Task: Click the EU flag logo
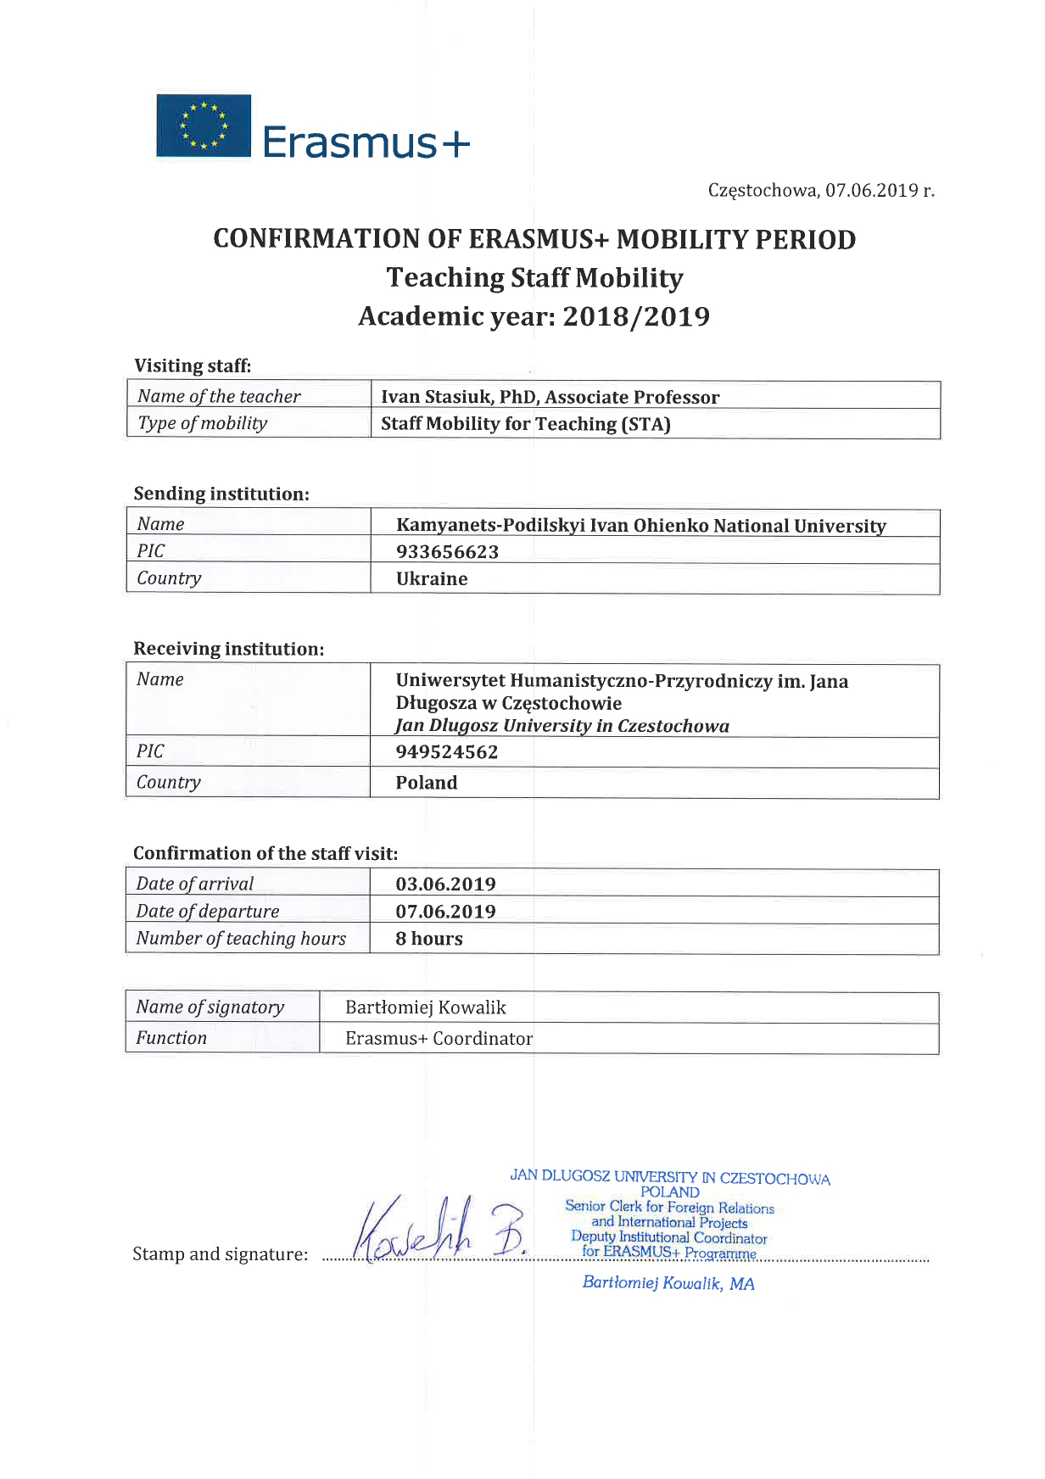(204, 126)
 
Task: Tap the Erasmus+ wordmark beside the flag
(366, 142)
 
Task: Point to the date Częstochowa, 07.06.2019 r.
(820, 190)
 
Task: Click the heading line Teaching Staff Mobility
(534, 278)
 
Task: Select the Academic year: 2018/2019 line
(534, 316)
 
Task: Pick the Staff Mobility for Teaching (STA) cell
(525, 424)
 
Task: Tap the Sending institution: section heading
(221, 494)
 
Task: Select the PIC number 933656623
(447, 552)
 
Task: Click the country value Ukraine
(432, 579)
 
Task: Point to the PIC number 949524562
(447, 752)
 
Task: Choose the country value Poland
(427, 783)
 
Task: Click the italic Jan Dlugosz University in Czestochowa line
(562, 726)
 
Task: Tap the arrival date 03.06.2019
(445, 884)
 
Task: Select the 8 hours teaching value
(429, 939)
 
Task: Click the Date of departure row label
(208, 911)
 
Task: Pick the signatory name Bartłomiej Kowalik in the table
(426, 1007)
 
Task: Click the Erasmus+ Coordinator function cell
(439, 1038)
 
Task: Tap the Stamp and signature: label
(221, 1254)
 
